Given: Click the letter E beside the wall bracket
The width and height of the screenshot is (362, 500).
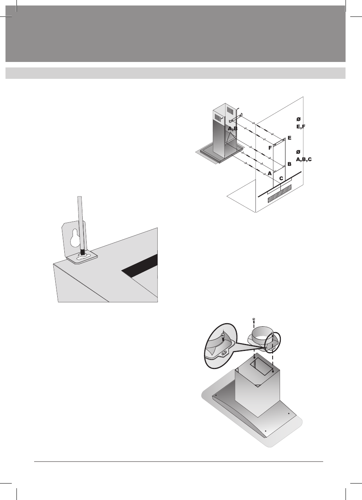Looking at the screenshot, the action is click(289, 138).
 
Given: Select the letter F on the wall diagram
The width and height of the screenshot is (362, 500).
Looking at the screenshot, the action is click(270, 148).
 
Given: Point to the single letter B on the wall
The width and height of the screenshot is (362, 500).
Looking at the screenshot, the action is click(289, 164).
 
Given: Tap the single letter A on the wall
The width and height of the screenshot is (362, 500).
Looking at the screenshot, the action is click(269, 173).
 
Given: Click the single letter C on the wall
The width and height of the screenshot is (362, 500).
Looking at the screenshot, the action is click(281, 178).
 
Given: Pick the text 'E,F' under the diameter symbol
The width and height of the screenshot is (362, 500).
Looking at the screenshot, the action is click(301, 127).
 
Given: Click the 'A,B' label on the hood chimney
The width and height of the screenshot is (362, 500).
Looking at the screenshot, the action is click(233, 129).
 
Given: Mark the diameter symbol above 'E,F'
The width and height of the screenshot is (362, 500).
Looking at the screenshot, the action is click(298, 119).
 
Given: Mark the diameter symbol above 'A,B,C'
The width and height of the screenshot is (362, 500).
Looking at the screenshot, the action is click(298, 152).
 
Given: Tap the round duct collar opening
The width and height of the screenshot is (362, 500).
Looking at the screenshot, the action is click(260, 334).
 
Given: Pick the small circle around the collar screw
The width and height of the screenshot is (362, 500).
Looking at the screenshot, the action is click(273, 341).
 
